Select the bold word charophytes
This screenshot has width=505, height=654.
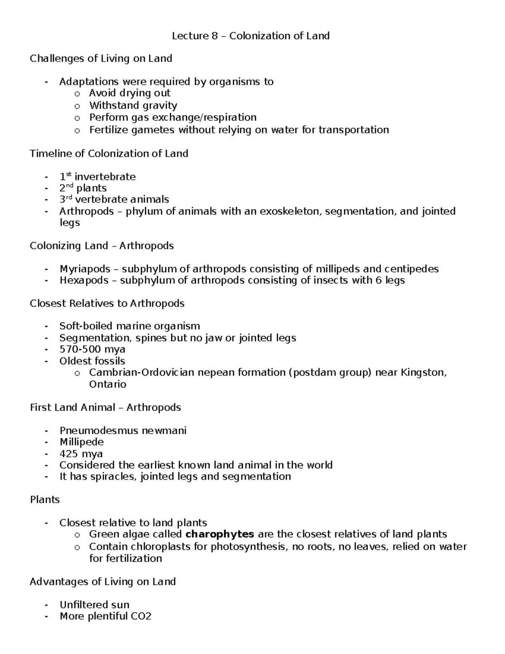click(x=220, y=534)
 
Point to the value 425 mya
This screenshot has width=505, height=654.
click(x=81, y=454)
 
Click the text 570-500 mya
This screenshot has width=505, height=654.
click(x=92, y=350)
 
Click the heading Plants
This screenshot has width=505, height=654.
click(x=45, y=500)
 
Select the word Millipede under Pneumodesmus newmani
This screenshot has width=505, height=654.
click(x=81, y=442)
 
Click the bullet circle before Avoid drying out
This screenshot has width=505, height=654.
click(x=77, y=94)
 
